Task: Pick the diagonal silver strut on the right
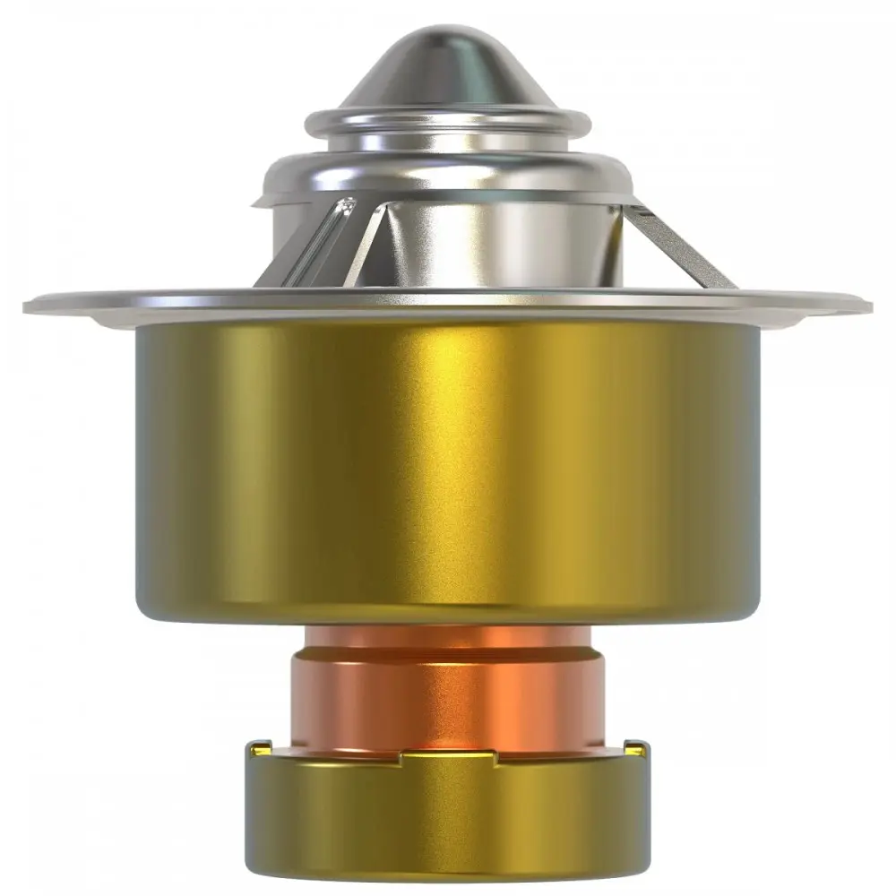(x=681, y=246)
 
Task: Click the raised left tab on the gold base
(x=260, y=747)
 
